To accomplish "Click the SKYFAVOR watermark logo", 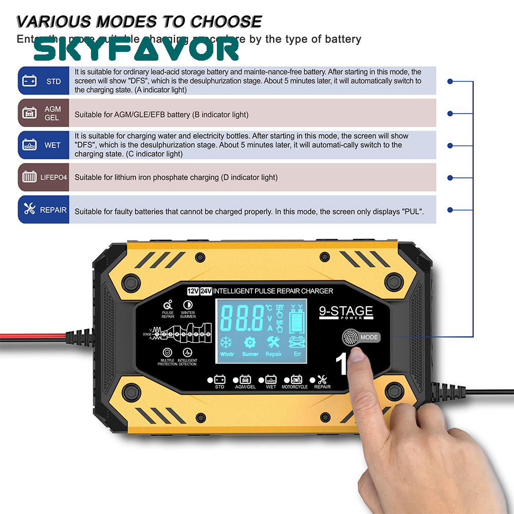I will point(136,50).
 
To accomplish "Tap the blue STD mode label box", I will point(44,81).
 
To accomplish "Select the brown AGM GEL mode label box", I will point(44,113).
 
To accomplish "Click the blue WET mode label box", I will point(44,145).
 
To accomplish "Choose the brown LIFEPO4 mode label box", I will point(44,177).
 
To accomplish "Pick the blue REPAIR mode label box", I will point(44,210).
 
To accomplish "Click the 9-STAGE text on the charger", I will point(346,311).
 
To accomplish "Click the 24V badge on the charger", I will point(206,291).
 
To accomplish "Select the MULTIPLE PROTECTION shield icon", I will point(168,353).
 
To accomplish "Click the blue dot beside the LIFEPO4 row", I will point(450,177).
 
